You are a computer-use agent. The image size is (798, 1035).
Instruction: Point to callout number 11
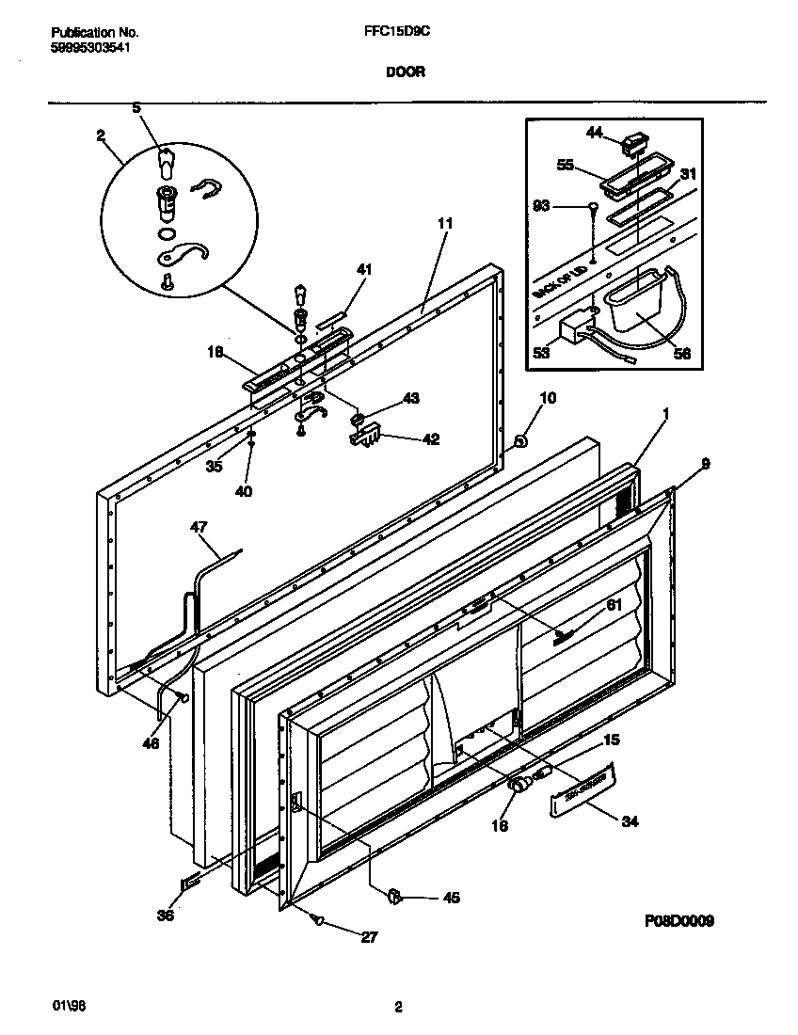[445, 223]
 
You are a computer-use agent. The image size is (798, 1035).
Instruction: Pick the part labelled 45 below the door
[395, 897]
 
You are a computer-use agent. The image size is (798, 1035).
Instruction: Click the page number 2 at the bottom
[398, 1007]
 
